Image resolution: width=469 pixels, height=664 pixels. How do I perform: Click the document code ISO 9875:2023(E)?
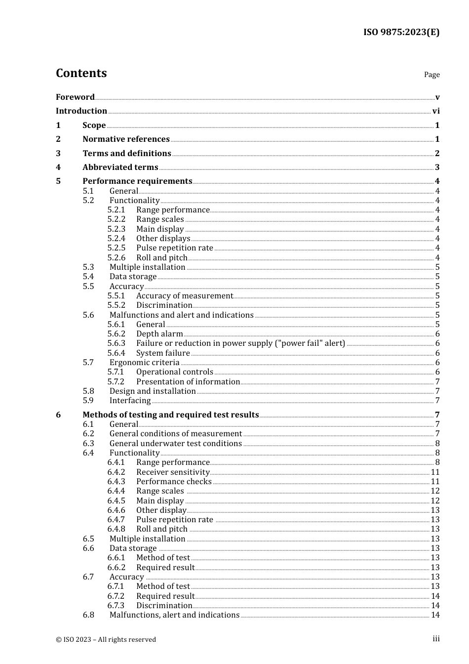pyautogui.click(x=401, y=32)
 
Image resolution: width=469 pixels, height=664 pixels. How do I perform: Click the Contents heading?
pyautogui.click(x=81, y=73)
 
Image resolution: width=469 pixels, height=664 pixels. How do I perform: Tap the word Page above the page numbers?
pyautogui.click(x=431, y=75)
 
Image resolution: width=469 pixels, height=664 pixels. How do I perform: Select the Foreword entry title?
pyautogui.click(x=75, y=97)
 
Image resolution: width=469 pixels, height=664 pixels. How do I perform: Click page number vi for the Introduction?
pyautogui.click(x=436, y=111)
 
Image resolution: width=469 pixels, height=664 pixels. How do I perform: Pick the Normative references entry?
pyautogui.click(x=126, y=139)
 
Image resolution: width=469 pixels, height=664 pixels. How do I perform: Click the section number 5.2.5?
pyautogui.click(x=117, y=248)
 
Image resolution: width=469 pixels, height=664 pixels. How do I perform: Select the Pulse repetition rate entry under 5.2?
pyautogui.click(x=175, y=248)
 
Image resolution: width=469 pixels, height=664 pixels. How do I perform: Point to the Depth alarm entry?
pyautogui.click(x=159, y=334)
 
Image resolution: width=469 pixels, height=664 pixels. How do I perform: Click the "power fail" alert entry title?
pyautogui.click(x=240, y=343)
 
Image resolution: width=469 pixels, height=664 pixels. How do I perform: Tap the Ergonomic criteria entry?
pyautogui.click(x=144, y=363)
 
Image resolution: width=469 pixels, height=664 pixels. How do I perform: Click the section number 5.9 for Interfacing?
pyautogui.click(x=88, y=401)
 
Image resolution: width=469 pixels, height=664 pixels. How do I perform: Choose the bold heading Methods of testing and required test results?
pyautogui.click(x=170, y=415)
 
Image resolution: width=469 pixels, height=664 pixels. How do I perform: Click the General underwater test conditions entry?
pyautogui.click(x=175, y=444)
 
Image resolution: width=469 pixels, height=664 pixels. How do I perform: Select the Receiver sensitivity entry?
pyautogui.click(x=173, y=472)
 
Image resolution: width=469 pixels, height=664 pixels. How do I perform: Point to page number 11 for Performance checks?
pyautogui.click(x=435, y=482)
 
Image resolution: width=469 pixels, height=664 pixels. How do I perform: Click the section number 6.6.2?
pyautogui.click(x=117, y=568)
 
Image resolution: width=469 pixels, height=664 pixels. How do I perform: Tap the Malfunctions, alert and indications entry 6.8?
pyautogui.click(x=174, y=615)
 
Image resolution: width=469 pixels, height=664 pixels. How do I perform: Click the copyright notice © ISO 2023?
pyautogui.click(x=106, y=639)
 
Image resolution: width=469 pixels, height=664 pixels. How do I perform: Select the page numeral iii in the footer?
pyautogui.click(x=436, y=639)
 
